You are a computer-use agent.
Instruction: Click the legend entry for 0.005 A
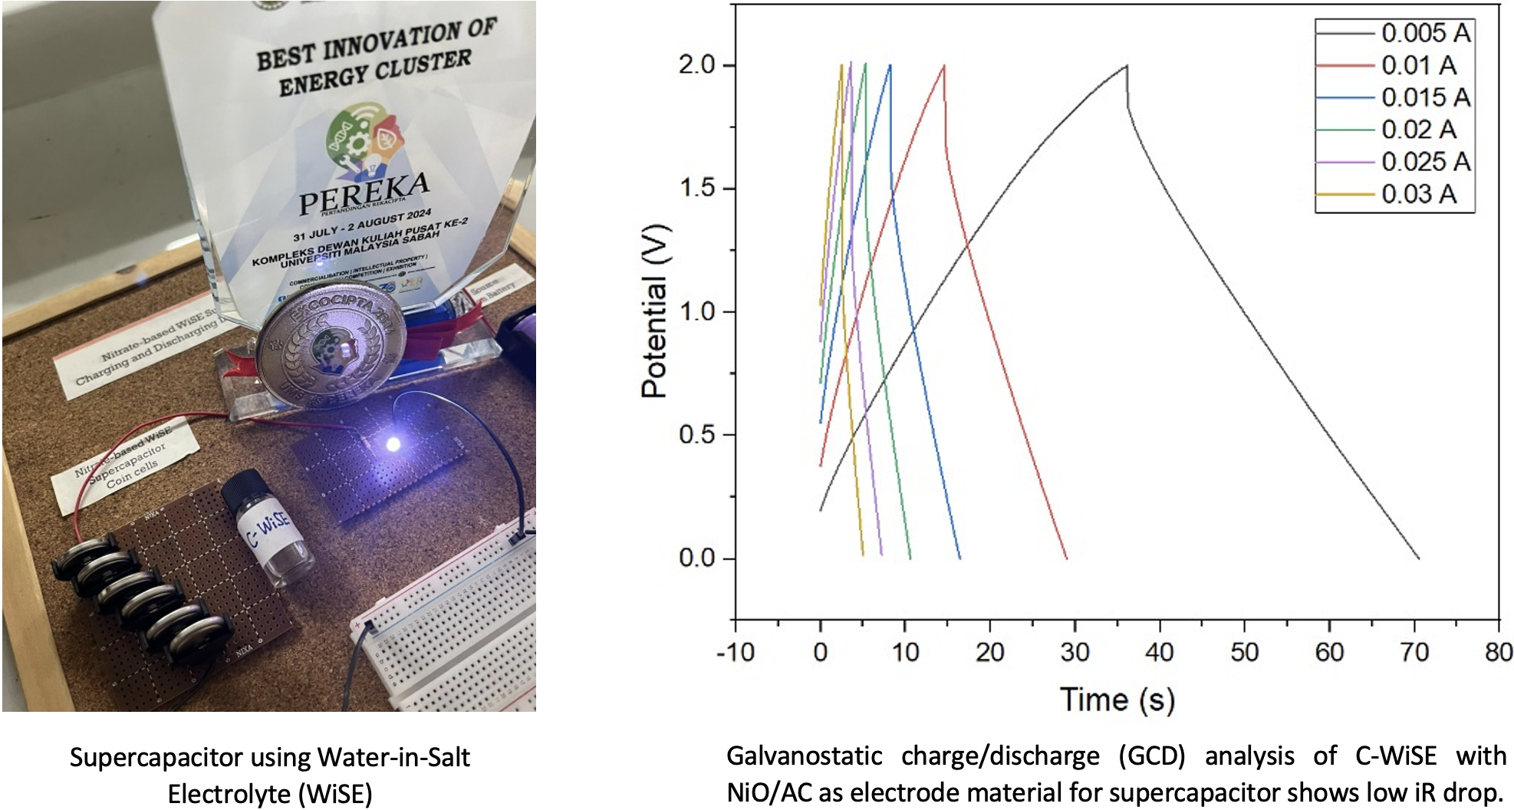[x=1425, y=33]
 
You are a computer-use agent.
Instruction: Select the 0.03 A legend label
[x=1419, y=194]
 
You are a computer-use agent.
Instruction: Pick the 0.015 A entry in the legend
[x=1425, y=97]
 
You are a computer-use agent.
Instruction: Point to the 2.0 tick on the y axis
[x=696, y=65]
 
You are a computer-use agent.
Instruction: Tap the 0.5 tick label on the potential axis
[x=696, y=435]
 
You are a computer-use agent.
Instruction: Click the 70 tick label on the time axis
[x=1414, y=653]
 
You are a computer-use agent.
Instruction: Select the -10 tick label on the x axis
[x=735, y=653]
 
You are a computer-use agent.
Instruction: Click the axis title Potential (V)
[x=654, y=311]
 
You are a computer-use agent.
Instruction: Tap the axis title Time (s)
[x=1117, y=700]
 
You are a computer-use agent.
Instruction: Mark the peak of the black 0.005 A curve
[x=1127, y=66]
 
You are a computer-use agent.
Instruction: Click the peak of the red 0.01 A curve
[x=944, y=66]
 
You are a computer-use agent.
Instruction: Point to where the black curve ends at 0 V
[x=1418, y=558]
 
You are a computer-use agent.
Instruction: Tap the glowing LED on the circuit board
[x=393, y=443]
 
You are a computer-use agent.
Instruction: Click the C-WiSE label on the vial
[x=268, y=528]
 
